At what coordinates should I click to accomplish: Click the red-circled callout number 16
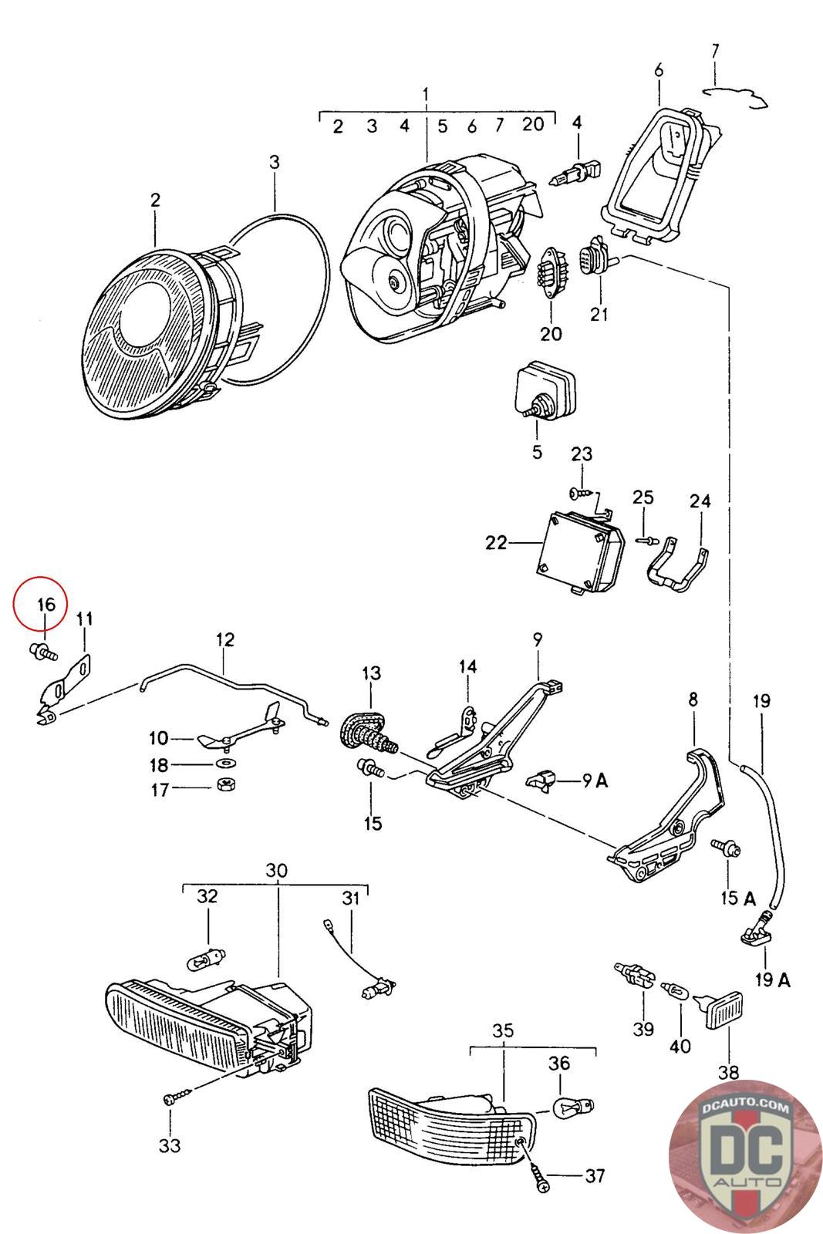pyautogui.click(x=46, y=603)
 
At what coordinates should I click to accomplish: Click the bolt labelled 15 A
pyautogui.click(x=728, y=850)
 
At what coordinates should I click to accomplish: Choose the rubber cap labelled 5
pyautogui.click(x=546, y=393)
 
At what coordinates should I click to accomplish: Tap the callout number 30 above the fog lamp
pyautogui.click(x=276, y=870)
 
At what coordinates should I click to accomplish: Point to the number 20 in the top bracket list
pyautogui.click(x=532, y=125)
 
